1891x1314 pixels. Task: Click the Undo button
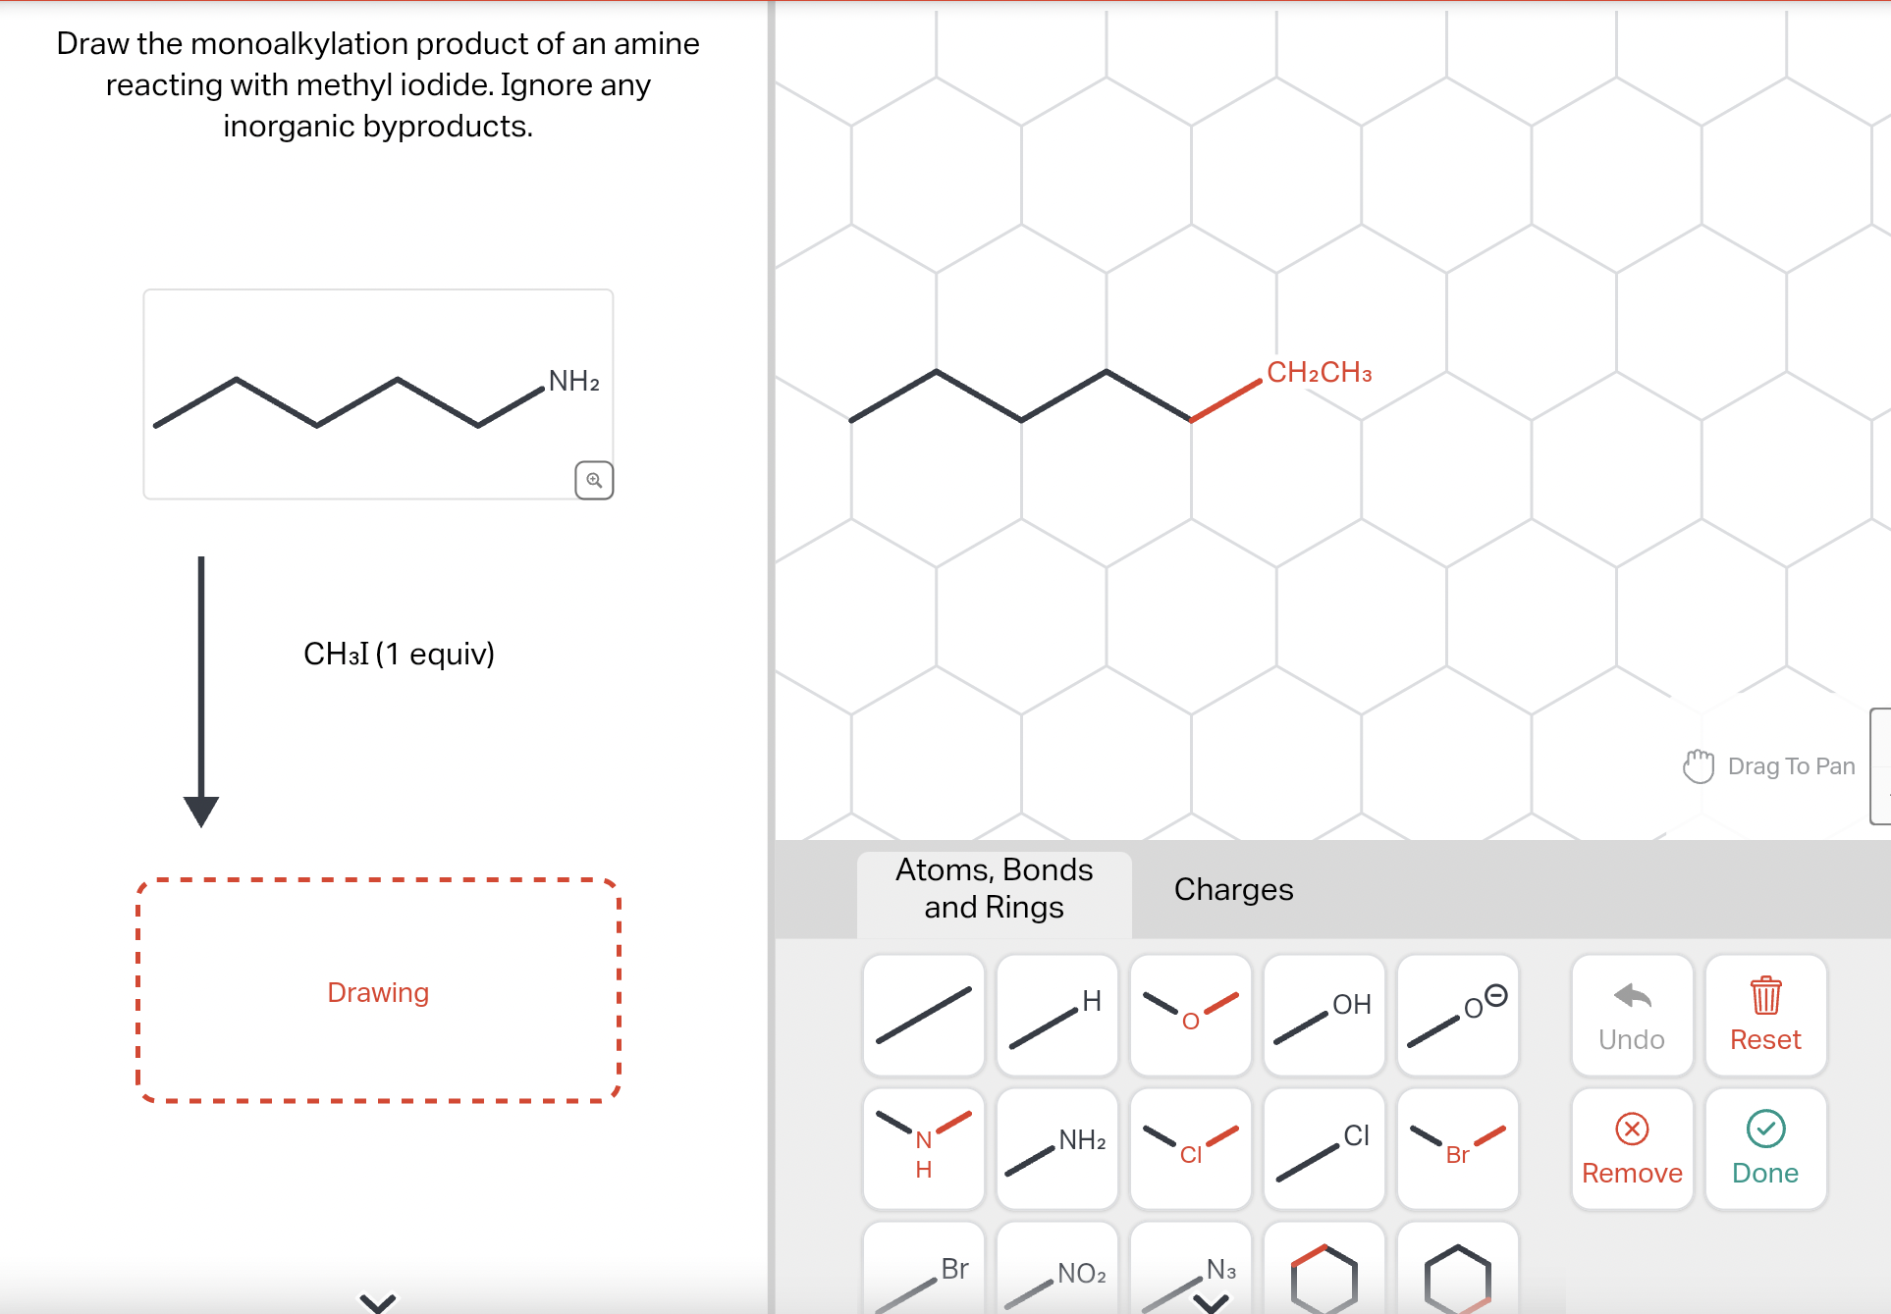click(1631, 1016)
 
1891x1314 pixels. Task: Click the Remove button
click(1631, 1149)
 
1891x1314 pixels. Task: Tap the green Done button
click(1764, 1149)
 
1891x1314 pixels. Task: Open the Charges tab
click(1232, 889)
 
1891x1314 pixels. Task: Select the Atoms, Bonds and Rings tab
click(994, 889)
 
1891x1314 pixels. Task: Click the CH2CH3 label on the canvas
click(1318, 373)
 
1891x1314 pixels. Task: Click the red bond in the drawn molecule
click(1226, 400)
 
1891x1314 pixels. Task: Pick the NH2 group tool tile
click(1056, 1149)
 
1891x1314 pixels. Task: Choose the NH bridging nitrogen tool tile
click(923, 1149)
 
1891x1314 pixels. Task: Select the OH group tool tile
click(1324, 1016)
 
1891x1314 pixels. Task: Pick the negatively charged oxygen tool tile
click(1457, 1016)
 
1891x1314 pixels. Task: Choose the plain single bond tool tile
click(923, 1016)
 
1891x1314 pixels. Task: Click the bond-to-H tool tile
click(1056, 1016)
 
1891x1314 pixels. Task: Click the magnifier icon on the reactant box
click(594, 480)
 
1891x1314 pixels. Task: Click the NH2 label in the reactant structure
click(573, 382)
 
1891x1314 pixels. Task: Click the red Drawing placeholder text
click(378, 992)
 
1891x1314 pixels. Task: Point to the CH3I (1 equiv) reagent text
click(399, 654)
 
